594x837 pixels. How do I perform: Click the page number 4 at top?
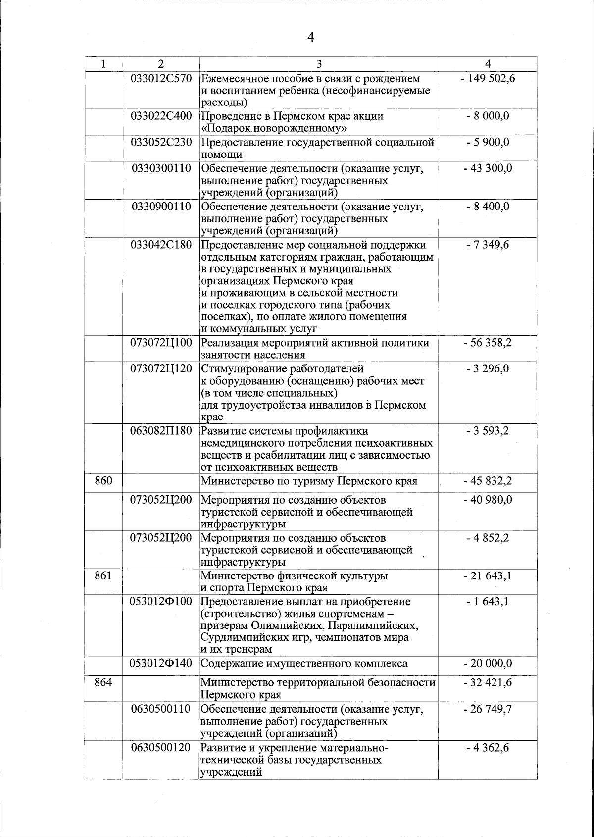(311, 38)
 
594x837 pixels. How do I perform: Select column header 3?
(319, 64)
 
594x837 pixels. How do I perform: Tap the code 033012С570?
(161, 78)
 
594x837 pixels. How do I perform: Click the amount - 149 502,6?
(488, 78)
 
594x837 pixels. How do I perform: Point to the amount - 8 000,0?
(488, 116)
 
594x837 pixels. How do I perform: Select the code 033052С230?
(161, 143)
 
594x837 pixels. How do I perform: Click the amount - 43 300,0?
(488, 168)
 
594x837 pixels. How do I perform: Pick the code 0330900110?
(161, 207)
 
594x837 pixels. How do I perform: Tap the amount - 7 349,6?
(488, 245)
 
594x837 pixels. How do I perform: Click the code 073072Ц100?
(161, 343)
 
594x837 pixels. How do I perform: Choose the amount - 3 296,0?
(488, 369)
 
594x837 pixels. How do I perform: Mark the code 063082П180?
(161, 431)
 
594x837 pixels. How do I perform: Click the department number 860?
(103, 481)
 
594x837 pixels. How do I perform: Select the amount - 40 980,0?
(488, 500)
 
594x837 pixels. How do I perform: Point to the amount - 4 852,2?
(488, 538)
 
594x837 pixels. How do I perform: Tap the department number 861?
(103, 576)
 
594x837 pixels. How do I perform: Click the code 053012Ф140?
(161, 663)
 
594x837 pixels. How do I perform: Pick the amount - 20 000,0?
(488, 663)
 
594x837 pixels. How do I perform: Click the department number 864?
(103, 683)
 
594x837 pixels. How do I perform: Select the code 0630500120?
(161, 747)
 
